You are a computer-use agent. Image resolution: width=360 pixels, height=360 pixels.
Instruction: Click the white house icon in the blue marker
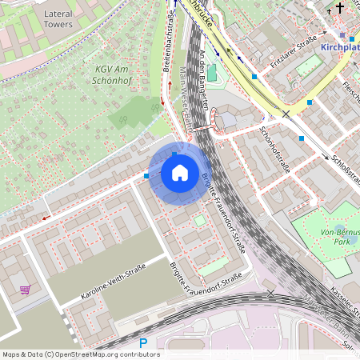pyautogui.click(x=180, y=173)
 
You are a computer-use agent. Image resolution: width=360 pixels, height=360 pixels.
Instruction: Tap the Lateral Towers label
pyautogui.click(x=58, y=19)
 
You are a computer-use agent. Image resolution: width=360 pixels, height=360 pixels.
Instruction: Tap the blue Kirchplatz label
pyautogui.click(x=340, y=48)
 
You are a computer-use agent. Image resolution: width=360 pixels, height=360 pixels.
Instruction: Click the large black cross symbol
pyautogui.click(x=341, y=10)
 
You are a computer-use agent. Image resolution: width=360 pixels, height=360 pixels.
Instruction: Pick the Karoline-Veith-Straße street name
pyautogui.click(x=113, y=283)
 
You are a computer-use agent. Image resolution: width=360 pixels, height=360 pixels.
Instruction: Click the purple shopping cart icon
pyautogui.click(x=25, y=290)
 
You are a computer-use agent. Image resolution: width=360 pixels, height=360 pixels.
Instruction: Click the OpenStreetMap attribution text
pyautogui.click(x=80, y=354)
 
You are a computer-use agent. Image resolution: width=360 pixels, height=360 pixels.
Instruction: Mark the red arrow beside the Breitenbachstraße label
pyautogui.click(x=162, y=102)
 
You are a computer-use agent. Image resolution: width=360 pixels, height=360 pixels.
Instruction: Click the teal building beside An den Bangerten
pyautogui.click(x=212, y=73)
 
